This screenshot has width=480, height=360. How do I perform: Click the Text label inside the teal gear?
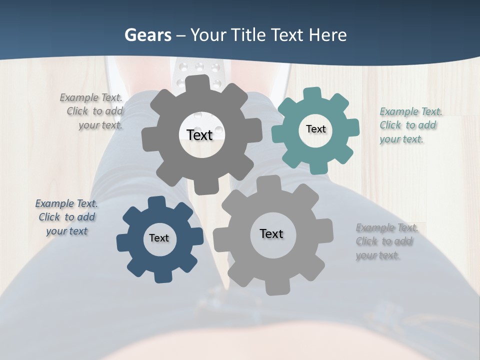coord(315,129)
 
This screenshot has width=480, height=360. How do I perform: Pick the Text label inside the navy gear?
coord(159,238)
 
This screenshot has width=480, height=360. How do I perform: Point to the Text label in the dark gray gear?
coord(199,135)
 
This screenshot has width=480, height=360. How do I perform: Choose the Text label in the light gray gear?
coord(271,233)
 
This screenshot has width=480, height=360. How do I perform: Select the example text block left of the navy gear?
coord(67,217)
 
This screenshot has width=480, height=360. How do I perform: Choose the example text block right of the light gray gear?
coord(386,241)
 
